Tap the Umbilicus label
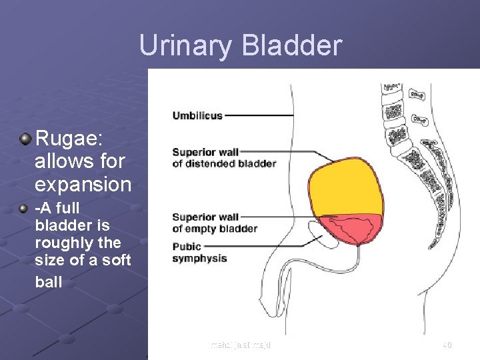pos(197,115)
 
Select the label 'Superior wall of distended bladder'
pos(223,157)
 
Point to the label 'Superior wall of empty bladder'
pos(214,223)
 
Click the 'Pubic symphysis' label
pos(199,252)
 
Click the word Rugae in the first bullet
pos(64,139)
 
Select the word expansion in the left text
pos(83,183)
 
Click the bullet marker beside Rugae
pos(25,139)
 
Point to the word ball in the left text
pos(48,281)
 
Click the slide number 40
pos(447,345)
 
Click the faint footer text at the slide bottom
pos(240,345)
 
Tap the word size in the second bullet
pos(49,261)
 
